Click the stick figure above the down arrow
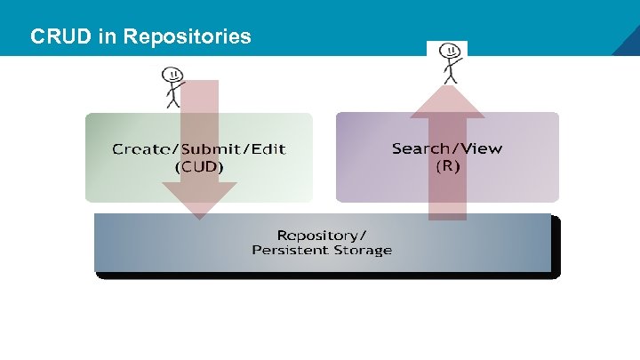tap(172, 85)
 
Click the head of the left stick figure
tap(172, 73)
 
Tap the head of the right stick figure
tap(452, 49)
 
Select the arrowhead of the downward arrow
tap(200, 199)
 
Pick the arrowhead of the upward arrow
tap(447, 100)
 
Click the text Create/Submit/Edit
tap(198, 148)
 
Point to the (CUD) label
tap(198, 166)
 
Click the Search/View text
tap(446, 148)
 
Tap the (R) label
tap(446, 166)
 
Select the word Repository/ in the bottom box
tap(321, 235)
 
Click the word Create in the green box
tap(137, 148)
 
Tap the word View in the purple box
tap(480, 148)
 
